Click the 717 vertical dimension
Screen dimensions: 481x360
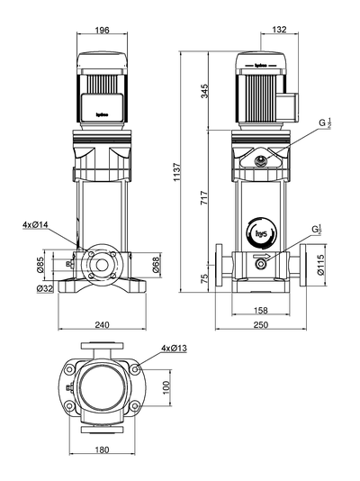coord(204,200)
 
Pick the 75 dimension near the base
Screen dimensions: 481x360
coord(204,279)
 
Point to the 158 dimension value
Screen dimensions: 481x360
coord(260,311)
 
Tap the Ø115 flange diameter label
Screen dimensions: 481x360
coord(335,262)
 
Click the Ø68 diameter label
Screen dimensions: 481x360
coord(156,263)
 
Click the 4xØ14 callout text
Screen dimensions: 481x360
coord(36,224)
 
